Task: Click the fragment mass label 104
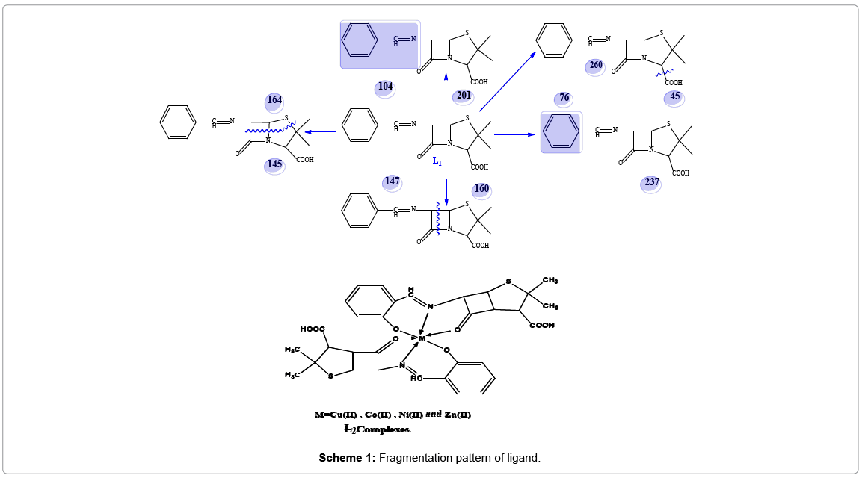(385, 87)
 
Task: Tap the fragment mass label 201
(464, 96)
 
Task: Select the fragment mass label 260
(595, 66)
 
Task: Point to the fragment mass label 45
(675, 96)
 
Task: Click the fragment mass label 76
(564, 99)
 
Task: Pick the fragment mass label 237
(651, 183)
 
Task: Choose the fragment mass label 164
(275, 100)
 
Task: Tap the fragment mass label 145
(274, 164)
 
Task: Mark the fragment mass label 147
(392, 181)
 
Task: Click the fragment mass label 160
(481, 189)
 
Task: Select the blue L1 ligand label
(437, 161)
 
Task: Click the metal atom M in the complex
(422, 338)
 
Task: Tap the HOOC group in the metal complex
(313, 329)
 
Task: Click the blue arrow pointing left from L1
(321, 133)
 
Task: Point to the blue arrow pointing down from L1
(446, 193)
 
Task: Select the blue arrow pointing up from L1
(446, 87)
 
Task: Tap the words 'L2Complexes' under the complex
(377, 429)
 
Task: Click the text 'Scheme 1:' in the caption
(347, 458)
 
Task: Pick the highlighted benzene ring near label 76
(561, 132)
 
